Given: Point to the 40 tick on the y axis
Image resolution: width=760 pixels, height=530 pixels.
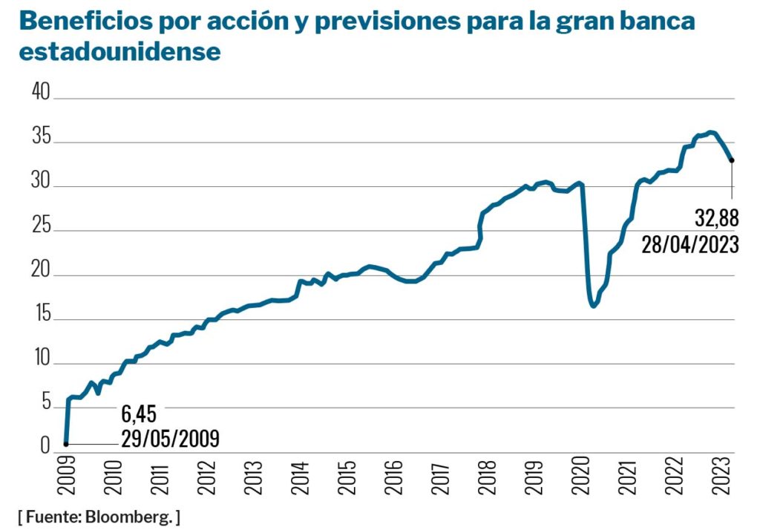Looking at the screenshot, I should (39, 93).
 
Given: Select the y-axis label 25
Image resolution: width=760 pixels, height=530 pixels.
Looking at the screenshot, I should (39, 226).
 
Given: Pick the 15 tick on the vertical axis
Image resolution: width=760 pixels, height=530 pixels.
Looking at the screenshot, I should (39, 315).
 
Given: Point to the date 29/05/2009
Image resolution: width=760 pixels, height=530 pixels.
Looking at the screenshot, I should (170, 438).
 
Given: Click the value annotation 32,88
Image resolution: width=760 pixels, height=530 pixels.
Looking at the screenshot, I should (716, 220).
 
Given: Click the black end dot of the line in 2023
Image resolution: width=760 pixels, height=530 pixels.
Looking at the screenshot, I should (732, 160).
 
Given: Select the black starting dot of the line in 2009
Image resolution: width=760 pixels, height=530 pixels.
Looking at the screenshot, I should (66, 444).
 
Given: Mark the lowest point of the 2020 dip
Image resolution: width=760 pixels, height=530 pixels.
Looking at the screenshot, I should (593, 306).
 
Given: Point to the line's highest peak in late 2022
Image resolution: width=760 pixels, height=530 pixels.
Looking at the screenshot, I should (711, 132).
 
